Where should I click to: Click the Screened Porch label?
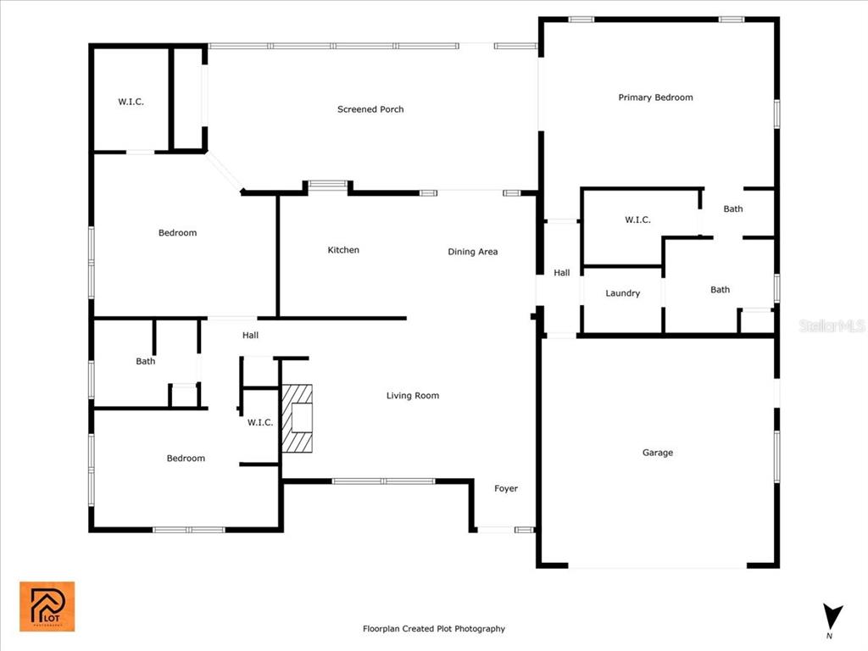pos(370,109)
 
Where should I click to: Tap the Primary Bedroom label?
pos(655,97)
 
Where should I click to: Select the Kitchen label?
pos(343,250)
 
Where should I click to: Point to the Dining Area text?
pos(473,252)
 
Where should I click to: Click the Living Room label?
pos(413,396)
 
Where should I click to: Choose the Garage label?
pos(658,453)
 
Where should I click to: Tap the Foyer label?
pos(506,488)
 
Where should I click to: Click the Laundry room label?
pos(623,293)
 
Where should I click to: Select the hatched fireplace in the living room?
pos(298,419)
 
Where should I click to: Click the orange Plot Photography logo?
pos(47,606)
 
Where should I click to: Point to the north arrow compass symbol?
pos(832,618)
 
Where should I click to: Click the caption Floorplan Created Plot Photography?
pos(434,629)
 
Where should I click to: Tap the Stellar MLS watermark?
pos(832,325)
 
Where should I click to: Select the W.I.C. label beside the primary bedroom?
pos(637,220)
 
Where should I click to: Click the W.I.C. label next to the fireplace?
pos(260,423)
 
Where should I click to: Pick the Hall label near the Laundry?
pos(562,273)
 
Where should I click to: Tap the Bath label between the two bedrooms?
pos(146,361)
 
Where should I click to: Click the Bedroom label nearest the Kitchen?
pos(178,233)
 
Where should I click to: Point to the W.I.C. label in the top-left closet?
pos(131,102)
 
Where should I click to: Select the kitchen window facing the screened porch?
pos(328,184)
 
